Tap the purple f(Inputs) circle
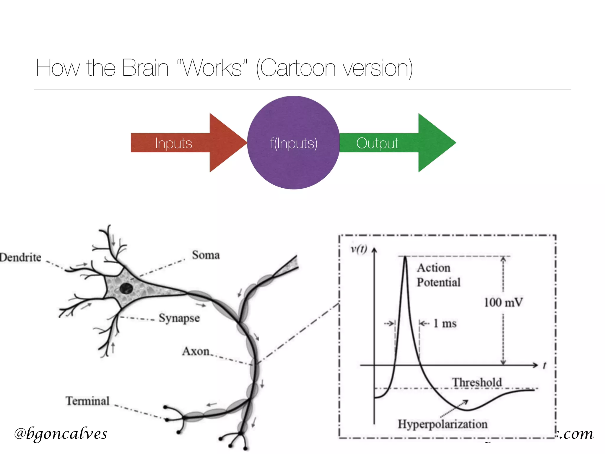click(293, 143)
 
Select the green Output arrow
click(393, 143)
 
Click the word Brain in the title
click(145, 68)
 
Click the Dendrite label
click(20, 257)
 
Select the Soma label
click(206, 255)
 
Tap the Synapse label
click(179, 318)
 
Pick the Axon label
click(196, 351)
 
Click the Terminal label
click(87, 401)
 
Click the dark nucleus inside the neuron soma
click(126, 288)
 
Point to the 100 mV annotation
click(503, 302)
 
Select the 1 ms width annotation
click(445, 323)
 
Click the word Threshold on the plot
click(477, 382)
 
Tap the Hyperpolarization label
click(442, 424)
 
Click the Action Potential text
click(438, 275)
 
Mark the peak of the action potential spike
click(405, 257)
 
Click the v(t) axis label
click(359, 249)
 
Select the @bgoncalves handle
click(61, 434)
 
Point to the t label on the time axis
click(544, 366)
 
